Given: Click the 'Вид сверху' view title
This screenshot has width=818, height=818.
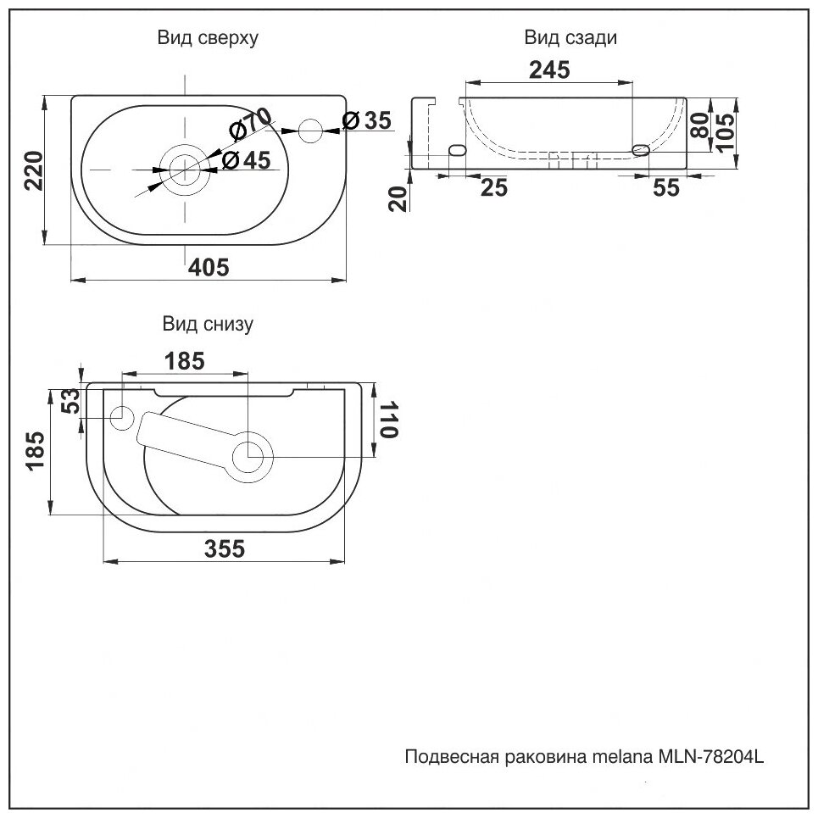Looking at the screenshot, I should point(208,38).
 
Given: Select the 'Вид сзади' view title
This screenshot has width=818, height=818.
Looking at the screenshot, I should point(570,38).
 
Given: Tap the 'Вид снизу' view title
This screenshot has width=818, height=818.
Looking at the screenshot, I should point(208,323).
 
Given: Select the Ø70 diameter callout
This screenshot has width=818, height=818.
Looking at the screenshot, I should point(249,124).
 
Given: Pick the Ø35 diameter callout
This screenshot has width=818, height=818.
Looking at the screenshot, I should point(367,120).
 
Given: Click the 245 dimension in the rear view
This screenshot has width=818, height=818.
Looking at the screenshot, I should point(549,70).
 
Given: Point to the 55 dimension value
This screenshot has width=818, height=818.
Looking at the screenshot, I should point(667,188).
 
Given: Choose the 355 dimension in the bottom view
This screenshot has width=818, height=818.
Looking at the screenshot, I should point(224,548).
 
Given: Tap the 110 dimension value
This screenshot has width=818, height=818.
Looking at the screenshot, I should point(387,419).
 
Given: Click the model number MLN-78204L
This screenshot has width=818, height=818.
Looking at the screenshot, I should point(711,755).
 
